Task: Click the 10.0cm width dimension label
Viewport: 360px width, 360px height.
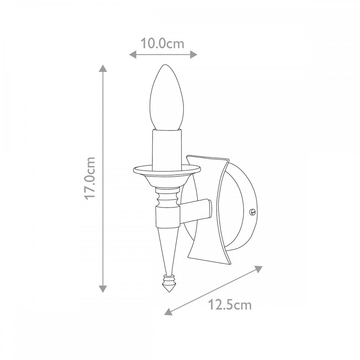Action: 162,44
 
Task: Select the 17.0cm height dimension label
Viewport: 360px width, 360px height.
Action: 90,179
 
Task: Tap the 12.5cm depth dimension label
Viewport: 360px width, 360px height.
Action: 230,305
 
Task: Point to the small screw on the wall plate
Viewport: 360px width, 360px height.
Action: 252,211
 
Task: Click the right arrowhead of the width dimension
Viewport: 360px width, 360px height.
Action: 194,55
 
